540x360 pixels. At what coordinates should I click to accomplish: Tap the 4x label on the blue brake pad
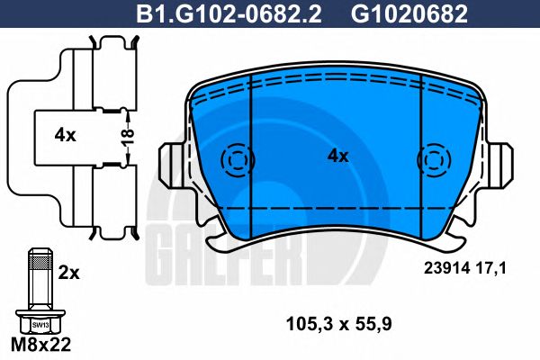(x=337, y=156)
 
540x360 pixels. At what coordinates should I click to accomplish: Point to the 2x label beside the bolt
(x=68, y=270)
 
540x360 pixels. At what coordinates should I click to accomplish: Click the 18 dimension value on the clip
(x=128, y=138)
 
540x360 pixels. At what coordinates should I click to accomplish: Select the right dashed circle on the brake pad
(x=436, y=160)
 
